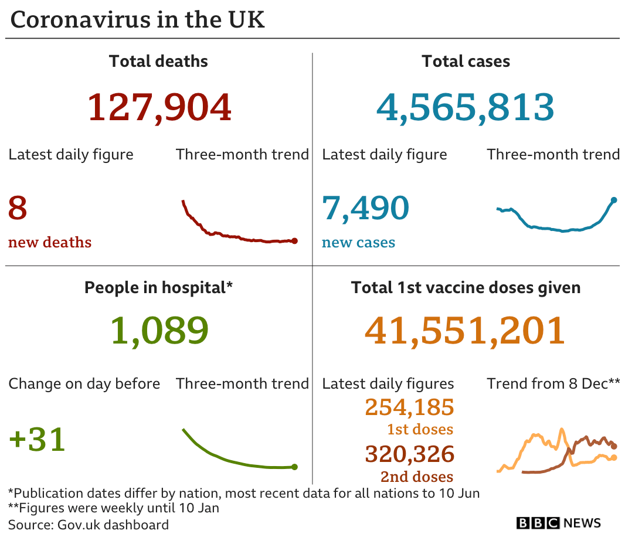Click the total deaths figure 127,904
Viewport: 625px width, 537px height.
(159, 107)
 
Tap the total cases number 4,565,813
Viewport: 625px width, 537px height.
(465, 107)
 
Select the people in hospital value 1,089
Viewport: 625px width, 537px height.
(159, 331)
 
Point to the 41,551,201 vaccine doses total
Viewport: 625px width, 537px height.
(465, 331)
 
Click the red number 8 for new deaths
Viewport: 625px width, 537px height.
(18, 209)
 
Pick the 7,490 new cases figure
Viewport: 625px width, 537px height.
(365, 209)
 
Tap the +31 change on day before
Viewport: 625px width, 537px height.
(37, 440)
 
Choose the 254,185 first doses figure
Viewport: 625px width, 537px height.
(409, 407)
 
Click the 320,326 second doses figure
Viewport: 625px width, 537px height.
(409, 454)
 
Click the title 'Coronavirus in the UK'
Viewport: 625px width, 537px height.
(138, 19)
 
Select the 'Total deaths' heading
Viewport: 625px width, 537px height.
(158, 61)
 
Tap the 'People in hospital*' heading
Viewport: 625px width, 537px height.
(158, 287)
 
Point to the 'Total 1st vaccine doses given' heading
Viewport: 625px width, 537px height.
(466, 287)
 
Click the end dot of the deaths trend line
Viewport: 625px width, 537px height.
(294, 240)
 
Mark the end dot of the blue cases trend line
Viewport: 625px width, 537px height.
(614, 200)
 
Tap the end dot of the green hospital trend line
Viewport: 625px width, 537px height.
(294, 467)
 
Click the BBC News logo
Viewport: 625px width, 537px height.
(558, 522)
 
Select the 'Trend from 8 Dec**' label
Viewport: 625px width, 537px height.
(553, 384)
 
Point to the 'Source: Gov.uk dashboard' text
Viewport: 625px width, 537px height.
(89, 524)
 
